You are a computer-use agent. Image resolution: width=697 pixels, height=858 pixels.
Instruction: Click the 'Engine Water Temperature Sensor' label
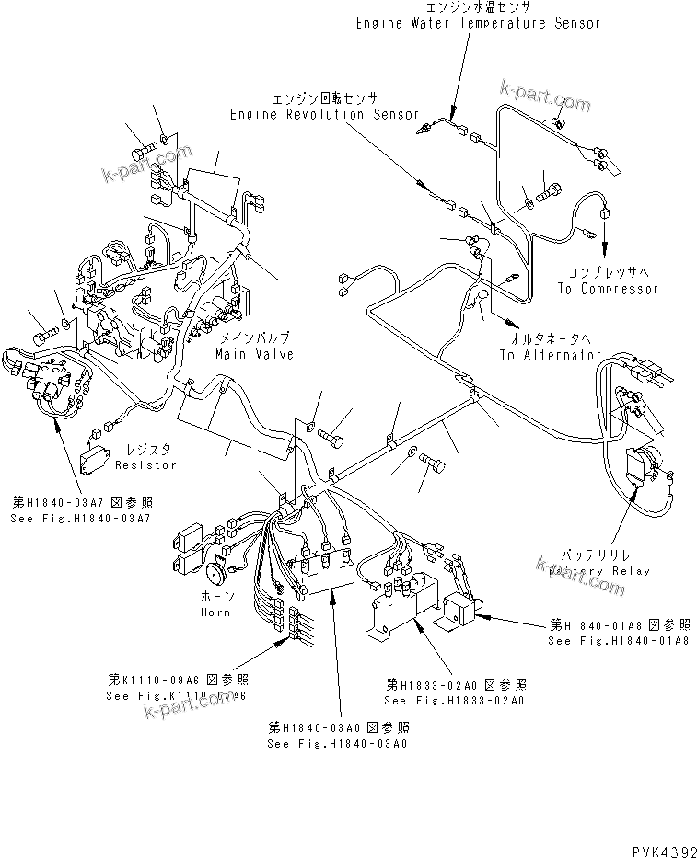click(478, 23)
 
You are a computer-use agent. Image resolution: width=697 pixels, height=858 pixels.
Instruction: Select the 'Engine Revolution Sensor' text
click(312, 114)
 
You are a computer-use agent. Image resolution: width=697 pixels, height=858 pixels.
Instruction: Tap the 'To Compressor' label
click(608, 288)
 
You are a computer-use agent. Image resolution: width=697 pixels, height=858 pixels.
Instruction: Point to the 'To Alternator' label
click(551, 355)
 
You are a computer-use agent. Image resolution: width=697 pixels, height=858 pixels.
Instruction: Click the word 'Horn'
click(215, 612)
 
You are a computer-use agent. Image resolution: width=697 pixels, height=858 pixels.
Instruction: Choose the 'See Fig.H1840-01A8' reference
click(618, 640)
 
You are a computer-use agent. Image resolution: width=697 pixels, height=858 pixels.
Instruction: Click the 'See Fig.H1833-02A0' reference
click(454, 701)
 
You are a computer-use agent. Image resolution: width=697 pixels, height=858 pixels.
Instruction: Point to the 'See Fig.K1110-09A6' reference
click(176, 696)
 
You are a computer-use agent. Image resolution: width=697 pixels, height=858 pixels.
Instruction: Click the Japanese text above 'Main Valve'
click(248, 339)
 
